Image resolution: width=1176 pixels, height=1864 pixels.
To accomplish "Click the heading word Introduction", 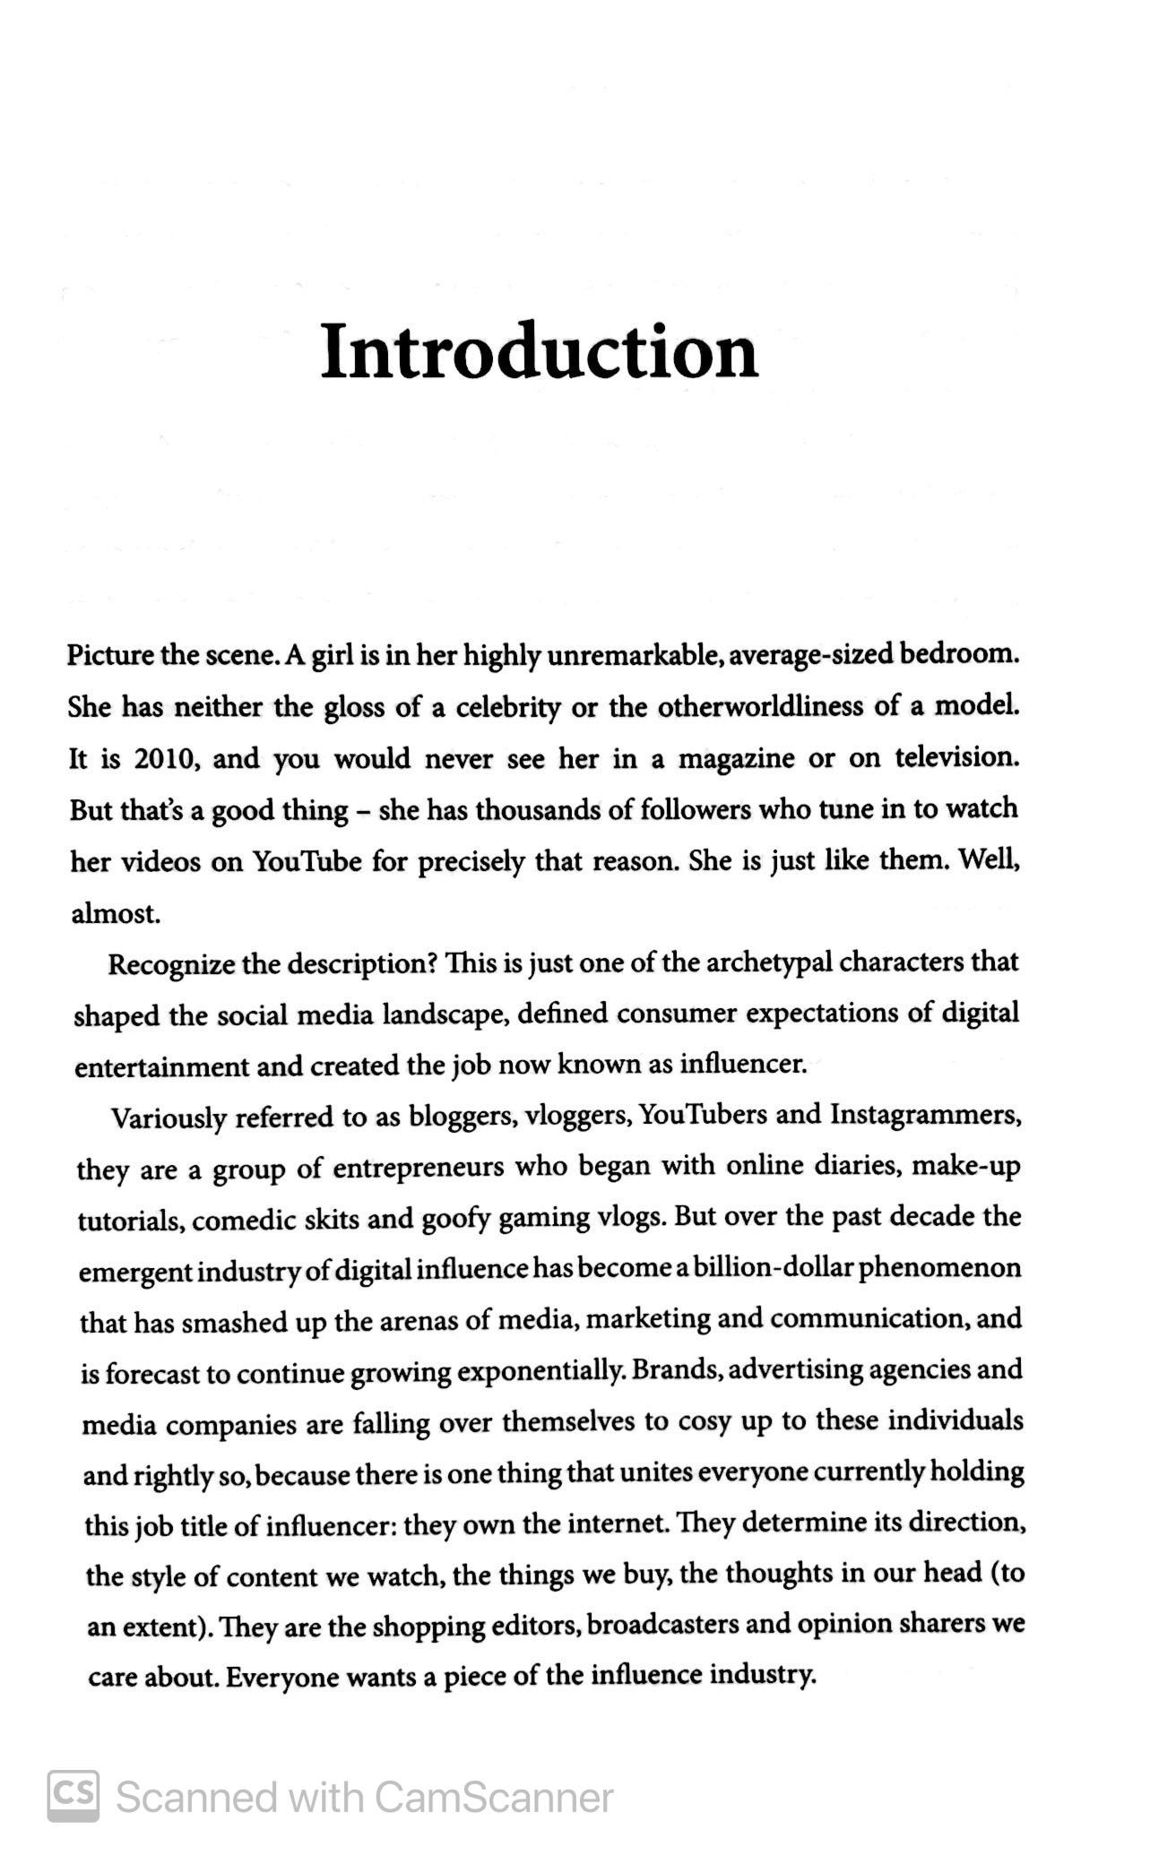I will [x=539, y=353].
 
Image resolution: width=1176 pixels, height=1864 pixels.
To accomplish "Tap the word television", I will [x=956, y=758].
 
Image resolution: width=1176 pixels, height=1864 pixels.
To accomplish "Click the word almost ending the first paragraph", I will [x=116, y=914].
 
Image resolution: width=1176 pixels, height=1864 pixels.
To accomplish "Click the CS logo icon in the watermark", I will [x=73, y=1795].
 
